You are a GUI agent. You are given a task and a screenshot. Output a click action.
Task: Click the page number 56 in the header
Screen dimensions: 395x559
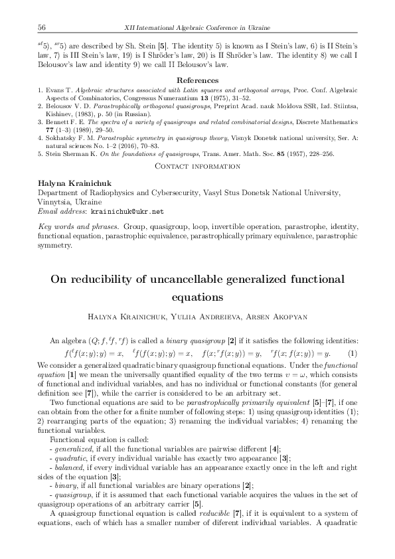[x=41, y=27]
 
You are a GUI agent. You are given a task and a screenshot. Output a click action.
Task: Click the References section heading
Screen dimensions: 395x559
[x=197, y=80]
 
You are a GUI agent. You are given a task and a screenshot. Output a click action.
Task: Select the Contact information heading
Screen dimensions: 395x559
[x=197, y=167]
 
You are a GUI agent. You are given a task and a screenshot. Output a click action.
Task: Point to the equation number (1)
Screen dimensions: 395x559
[x=353, y=353]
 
